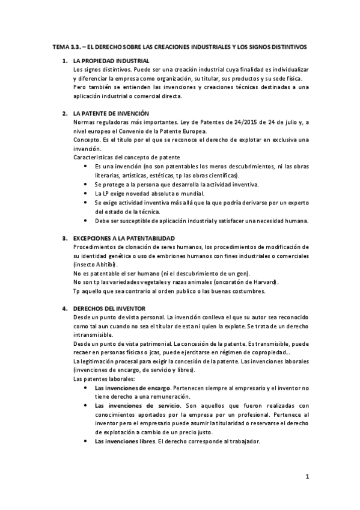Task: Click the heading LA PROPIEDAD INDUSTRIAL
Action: pos(111,61)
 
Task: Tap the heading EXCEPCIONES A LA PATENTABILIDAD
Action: pos(123,239)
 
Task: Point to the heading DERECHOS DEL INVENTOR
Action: pos(106,309)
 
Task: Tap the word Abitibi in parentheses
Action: pos(106,265)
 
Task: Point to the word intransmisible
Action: pos(93,334)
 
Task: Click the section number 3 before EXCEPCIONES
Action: pos(65,239)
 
